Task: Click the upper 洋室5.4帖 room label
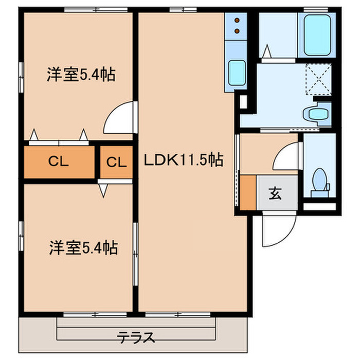point(81,76)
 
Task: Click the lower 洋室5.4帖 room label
point(83,249)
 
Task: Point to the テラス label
point(136,338)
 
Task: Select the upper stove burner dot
point(237,21)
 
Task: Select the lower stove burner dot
point(237,30)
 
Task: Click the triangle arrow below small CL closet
point(103,191)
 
